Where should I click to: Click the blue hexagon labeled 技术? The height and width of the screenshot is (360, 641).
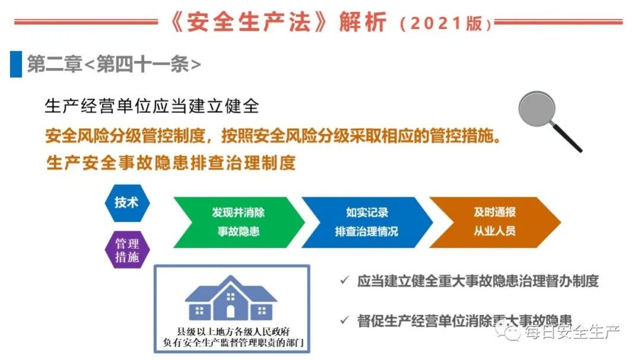[126, 202]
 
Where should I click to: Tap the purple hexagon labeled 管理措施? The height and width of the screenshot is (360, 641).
[126, 250]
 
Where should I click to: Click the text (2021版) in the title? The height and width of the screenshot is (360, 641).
[445, 24]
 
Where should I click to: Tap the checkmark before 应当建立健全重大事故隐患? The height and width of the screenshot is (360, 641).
[344, 281]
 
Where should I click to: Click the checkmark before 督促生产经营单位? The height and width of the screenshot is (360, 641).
[344, 320]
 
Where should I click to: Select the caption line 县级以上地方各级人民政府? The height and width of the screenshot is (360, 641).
[231, 331]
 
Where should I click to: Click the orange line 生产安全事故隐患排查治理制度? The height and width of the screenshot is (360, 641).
[171, 163]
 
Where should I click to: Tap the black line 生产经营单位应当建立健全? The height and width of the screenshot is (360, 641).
[152, 107]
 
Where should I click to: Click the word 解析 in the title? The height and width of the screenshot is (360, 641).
[363, 23]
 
